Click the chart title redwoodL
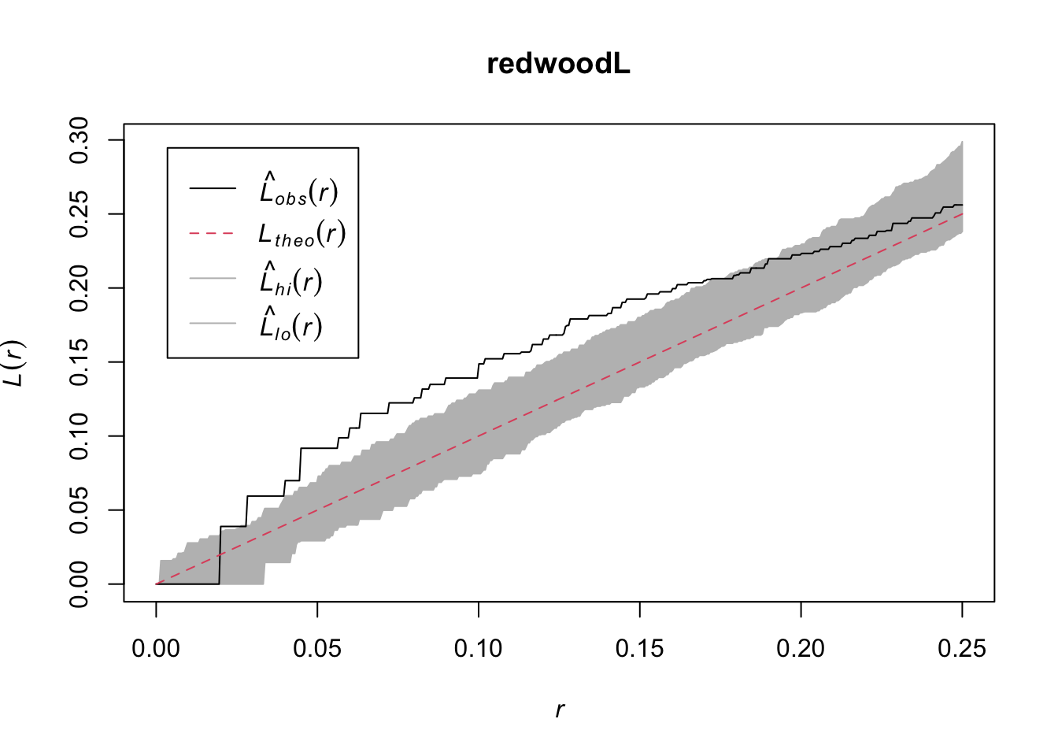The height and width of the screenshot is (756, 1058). click(x=558, y=64)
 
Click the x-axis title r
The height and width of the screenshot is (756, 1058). click(x=559, y=710)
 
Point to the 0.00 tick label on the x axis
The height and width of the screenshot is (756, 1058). click(x=156, y=649)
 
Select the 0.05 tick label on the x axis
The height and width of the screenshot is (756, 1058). click(x=317, y=649)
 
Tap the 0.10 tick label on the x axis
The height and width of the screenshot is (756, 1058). click(x=479, y=649)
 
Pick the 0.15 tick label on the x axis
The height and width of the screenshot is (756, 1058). click(x=639, y=649)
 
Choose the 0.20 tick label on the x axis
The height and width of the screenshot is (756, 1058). click(x=801, y=649)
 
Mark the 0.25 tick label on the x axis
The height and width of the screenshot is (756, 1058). click(x=962, y=649)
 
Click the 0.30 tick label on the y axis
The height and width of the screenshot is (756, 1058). click(x=80, y=140)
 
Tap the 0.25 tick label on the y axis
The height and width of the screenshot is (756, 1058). click(x=80, y=214)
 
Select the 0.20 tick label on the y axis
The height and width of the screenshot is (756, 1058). click(x=80, y=288)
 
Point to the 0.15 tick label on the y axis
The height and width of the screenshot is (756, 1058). click(x=80, y=362)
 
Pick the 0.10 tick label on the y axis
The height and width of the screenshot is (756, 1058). click(x=80, y=436)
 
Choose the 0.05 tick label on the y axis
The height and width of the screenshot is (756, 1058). click(x=80, y=510)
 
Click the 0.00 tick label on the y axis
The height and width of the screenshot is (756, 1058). click(x=80, y=584)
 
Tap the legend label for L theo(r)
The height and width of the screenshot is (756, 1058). click(x=302, y=235)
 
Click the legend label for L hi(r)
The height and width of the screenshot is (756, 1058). click(x=291, y=280)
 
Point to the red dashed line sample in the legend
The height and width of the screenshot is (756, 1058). click(x=213, y=234)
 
